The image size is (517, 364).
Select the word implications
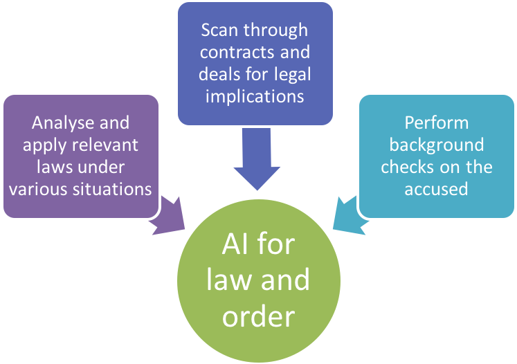pyautogui.click(x=254, y=95)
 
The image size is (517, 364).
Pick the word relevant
pyautogui.click(x=102, y=145)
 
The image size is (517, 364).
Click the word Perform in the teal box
pyautogui.click(x=437, y=123)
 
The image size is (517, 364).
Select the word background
pyautogui.click(x=437, y=145)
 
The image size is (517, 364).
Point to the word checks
pyautogui.click(x=407, y=167)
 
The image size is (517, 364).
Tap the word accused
pyautogui.click(x=437, y=188)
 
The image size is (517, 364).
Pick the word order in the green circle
pyautogui.click(x=259, y=316)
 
